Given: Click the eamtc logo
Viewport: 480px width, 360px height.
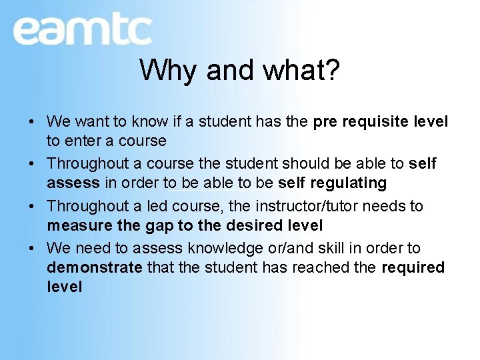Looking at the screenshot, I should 82,30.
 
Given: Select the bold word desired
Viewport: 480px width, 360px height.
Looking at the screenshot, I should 249,225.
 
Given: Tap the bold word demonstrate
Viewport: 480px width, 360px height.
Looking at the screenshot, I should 95,267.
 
